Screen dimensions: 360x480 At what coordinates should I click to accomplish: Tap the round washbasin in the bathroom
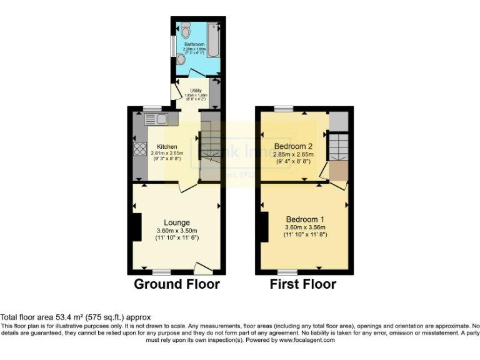pos(181,59)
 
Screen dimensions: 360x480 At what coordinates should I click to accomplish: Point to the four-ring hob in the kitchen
pos(138,149)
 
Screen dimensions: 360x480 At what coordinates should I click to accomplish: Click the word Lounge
pos(177,222)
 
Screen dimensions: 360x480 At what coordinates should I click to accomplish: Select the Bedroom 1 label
pos(305,219)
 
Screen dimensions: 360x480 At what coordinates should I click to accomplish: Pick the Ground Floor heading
pos(177,284)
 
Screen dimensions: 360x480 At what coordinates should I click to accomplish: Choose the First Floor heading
pos(302,284)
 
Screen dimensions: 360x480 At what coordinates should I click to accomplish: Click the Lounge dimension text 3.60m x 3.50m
pos(177,231)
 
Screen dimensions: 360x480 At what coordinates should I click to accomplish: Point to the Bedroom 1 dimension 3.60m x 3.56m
pos(305,227)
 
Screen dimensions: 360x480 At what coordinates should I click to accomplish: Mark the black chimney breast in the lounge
pos(136,227)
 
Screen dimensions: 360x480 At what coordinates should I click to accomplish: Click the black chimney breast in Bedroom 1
pos(264,226)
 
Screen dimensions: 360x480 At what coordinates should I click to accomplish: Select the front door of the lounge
pos(203,269)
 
